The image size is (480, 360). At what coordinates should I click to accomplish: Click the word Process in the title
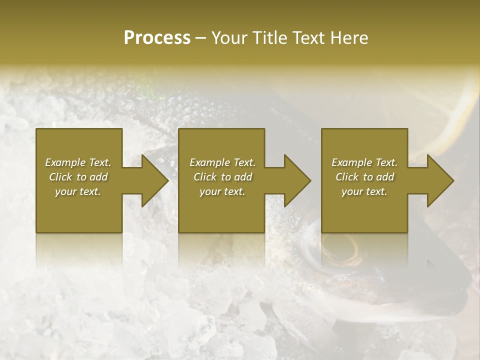coord(157,38)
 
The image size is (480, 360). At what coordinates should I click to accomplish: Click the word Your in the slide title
coord(229,38)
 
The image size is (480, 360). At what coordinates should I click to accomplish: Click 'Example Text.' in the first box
coord(78,162)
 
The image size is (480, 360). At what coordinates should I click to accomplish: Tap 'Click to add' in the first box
coord(78,177)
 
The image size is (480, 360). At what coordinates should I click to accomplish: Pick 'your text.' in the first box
coord(78,191)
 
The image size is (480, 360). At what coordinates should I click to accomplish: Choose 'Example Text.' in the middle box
coord(222,162)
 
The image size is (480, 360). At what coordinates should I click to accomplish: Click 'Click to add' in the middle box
coord(222,177)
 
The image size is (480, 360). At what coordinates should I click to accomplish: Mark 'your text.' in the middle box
coord(222,191)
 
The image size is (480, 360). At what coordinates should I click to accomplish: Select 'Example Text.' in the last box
coord(364,162)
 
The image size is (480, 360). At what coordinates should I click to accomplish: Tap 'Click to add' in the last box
coord(364,177)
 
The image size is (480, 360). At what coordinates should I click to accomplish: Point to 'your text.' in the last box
coord(364,191)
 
